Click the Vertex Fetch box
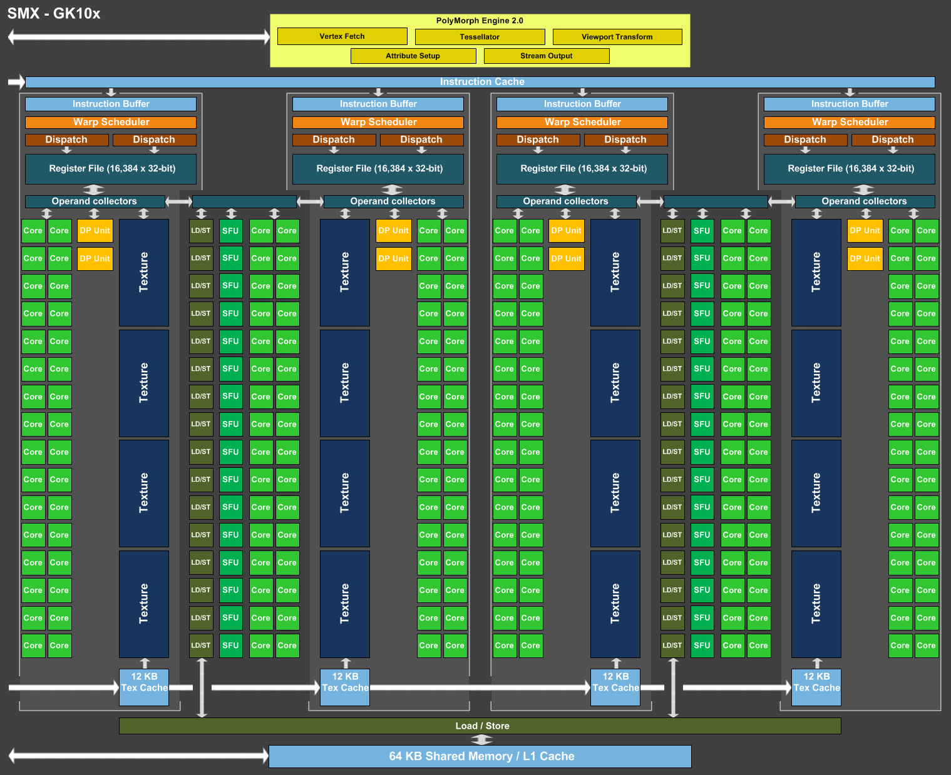(x=342, y=36)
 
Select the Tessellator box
(x=480, y=37)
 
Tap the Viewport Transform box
(x=617, y=37)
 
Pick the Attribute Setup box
(x=413, y=56)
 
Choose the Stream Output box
(x=547, y=56)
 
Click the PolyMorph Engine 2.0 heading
(x=480, y=21)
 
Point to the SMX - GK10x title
(x=54, y=14)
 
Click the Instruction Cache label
(x=482, y=81)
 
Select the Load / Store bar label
(x=482, y=726)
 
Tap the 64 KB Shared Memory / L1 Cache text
(x=481, y=756)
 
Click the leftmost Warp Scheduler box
(x=111, y=122)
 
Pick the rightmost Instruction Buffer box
(x=850, y=104)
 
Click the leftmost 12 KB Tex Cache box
(x=144, y=687)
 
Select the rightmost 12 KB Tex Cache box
(x=816, y=687)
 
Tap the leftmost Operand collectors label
(x=95, y=201)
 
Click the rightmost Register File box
(x=850, y=169)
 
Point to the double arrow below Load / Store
(x=481, y=739)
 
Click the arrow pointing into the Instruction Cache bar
(x=17, y=81)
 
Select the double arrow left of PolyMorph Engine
(x=139, y=37)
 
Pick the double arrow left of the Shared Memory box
(x=138, y=756)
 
